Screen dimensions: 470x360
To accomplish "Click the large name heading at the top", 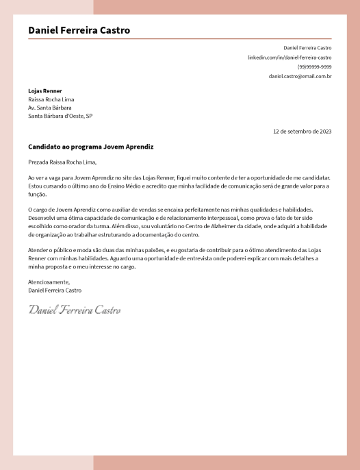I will pos(79,30).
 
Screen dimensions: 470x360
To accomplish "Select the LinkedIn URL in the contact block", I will pos(290,58).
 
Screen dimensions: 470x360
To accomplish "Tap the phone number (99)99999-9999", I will pos(314,67).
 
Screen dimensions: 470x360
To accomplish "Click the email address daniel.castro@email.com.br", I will pos(300,76).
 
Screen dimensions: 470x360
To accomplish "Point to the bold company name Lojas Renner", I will pos(45,90).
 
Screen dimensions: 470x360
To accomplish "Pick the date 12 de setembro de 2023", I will pos(302,131).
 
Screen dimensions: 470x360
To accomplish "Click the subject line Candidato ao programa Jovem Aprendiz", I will pos(91,147).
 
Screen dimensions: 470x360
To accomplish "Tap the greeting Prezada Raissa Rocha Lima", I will pos(62,162).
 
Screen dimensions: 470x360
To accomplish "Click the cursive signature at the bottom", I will pos(75,310).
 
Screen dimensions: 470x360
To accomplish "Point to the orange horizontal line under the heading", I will pos(179,39).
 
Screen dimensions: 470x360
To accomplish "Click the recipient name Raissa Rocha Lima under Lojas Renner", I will pos(51,99).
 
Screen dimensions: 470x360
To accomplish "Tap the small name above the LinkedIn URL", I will pos(307,48).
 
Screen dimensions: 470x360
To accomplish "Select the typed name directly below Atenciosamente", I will pos(55,290).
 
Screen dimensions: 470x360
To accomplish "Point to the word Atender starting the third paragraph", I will pos(37,251).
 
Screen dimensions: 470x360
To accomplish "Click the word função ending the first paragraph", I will pos(37,194).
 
